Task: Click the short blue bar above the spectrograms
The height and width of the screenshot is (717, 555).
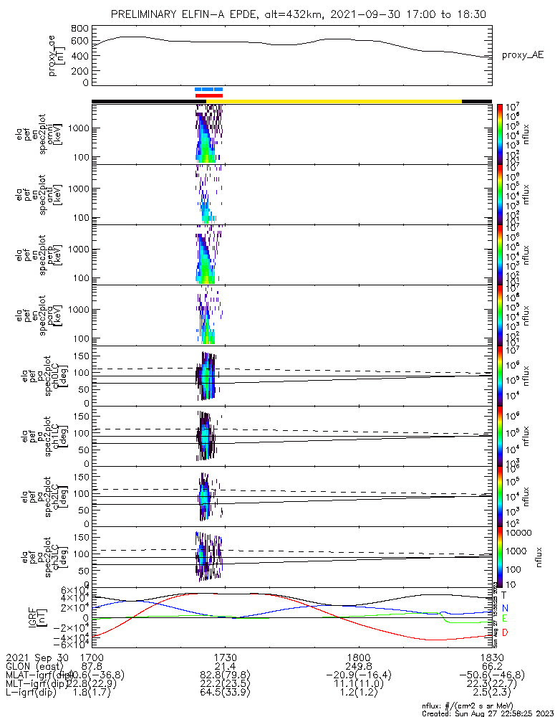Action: click(209, 90)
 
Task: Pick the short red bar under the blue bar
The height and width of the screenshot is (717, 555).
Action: click(209, 95)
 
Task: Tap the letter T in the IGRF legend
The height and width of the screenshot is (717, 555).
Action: click(503, 595)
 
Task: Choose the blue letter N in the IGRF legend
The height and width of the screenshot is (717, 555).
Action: click(503, 607)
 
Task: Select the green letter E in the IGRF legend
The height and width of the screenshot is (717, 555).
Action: click(503, 619)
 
